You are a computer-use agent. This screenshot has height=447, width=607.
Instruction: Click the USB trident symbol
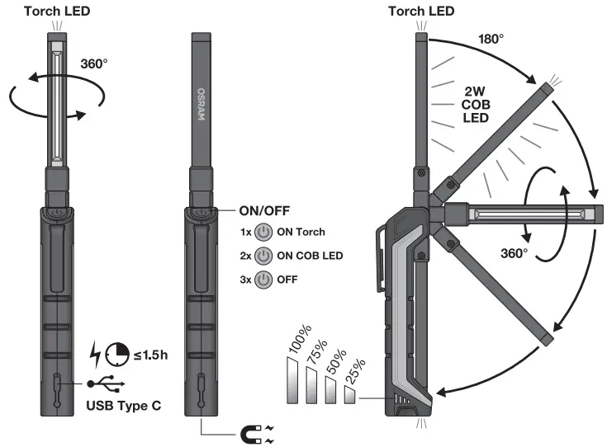pyautogui.click(x=104, y=384)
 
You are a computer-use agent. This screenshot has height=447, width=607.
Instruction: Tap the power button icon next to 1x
pyautogui.click(x=263, y=232)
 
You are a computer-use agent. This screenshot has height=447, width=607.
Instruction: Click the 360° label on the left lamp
pyautogui.click(x=94, y=63)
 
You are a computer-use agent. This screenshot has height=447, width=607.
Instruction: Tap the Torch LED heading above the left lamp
pyautogui.click(x=56, y=12)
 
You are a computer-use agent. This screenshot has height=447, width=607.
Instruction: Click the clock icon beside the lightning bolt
pyautogui.click(x=116, y=354)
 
